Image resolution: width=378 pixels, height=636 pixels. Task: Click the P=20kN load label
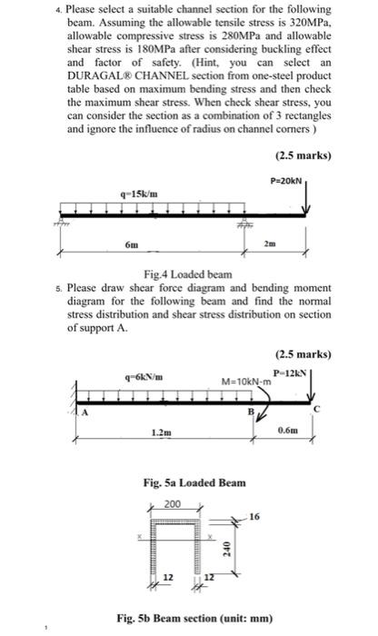tap(286, 181)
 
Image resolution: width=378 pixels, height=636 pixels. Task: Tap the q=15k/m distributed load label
tap(139, 194)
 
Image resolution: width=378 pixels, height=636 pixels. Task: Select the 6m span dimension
tap(132, 245)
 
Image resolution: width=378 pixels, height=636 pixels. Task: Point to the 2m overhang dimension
tap(270, 243)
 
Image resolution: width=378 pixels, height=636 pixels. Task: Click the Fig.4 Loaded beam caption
tap(188, 274)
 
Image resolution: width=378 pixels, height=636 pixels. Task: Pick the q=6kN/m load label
tap(144, 377)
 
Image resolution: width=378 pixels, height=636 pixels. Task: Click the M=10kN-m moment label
tap(246, 382)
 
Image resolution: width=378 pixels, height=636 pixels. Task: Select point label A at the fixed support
tap(85, 412)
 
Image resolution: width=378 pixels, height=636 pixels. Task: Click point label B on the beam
tap(251, 412)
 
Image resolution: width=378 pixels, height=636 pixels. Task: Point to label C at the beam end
tap(317, 410)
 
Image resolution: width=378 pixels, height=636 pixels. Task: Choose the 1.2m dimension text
tap(162, 432)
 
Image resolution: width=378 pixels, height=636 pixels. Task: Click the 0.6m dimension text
tap(287, 430)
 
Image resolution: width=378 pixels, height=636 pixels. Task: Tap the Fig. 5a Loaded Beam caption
tap(194, 482)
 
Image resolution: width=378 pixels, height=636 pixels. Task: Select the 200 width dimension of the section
tap(173, 504)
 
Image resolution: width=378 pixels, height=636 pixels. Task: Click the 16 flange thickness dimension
tap(254, 517)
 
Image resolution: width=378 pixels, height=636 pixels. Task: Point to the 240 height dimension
tap(227, 550)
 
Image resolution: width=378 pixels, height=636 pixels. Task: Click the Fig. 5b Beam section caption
tap(194, 619)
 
